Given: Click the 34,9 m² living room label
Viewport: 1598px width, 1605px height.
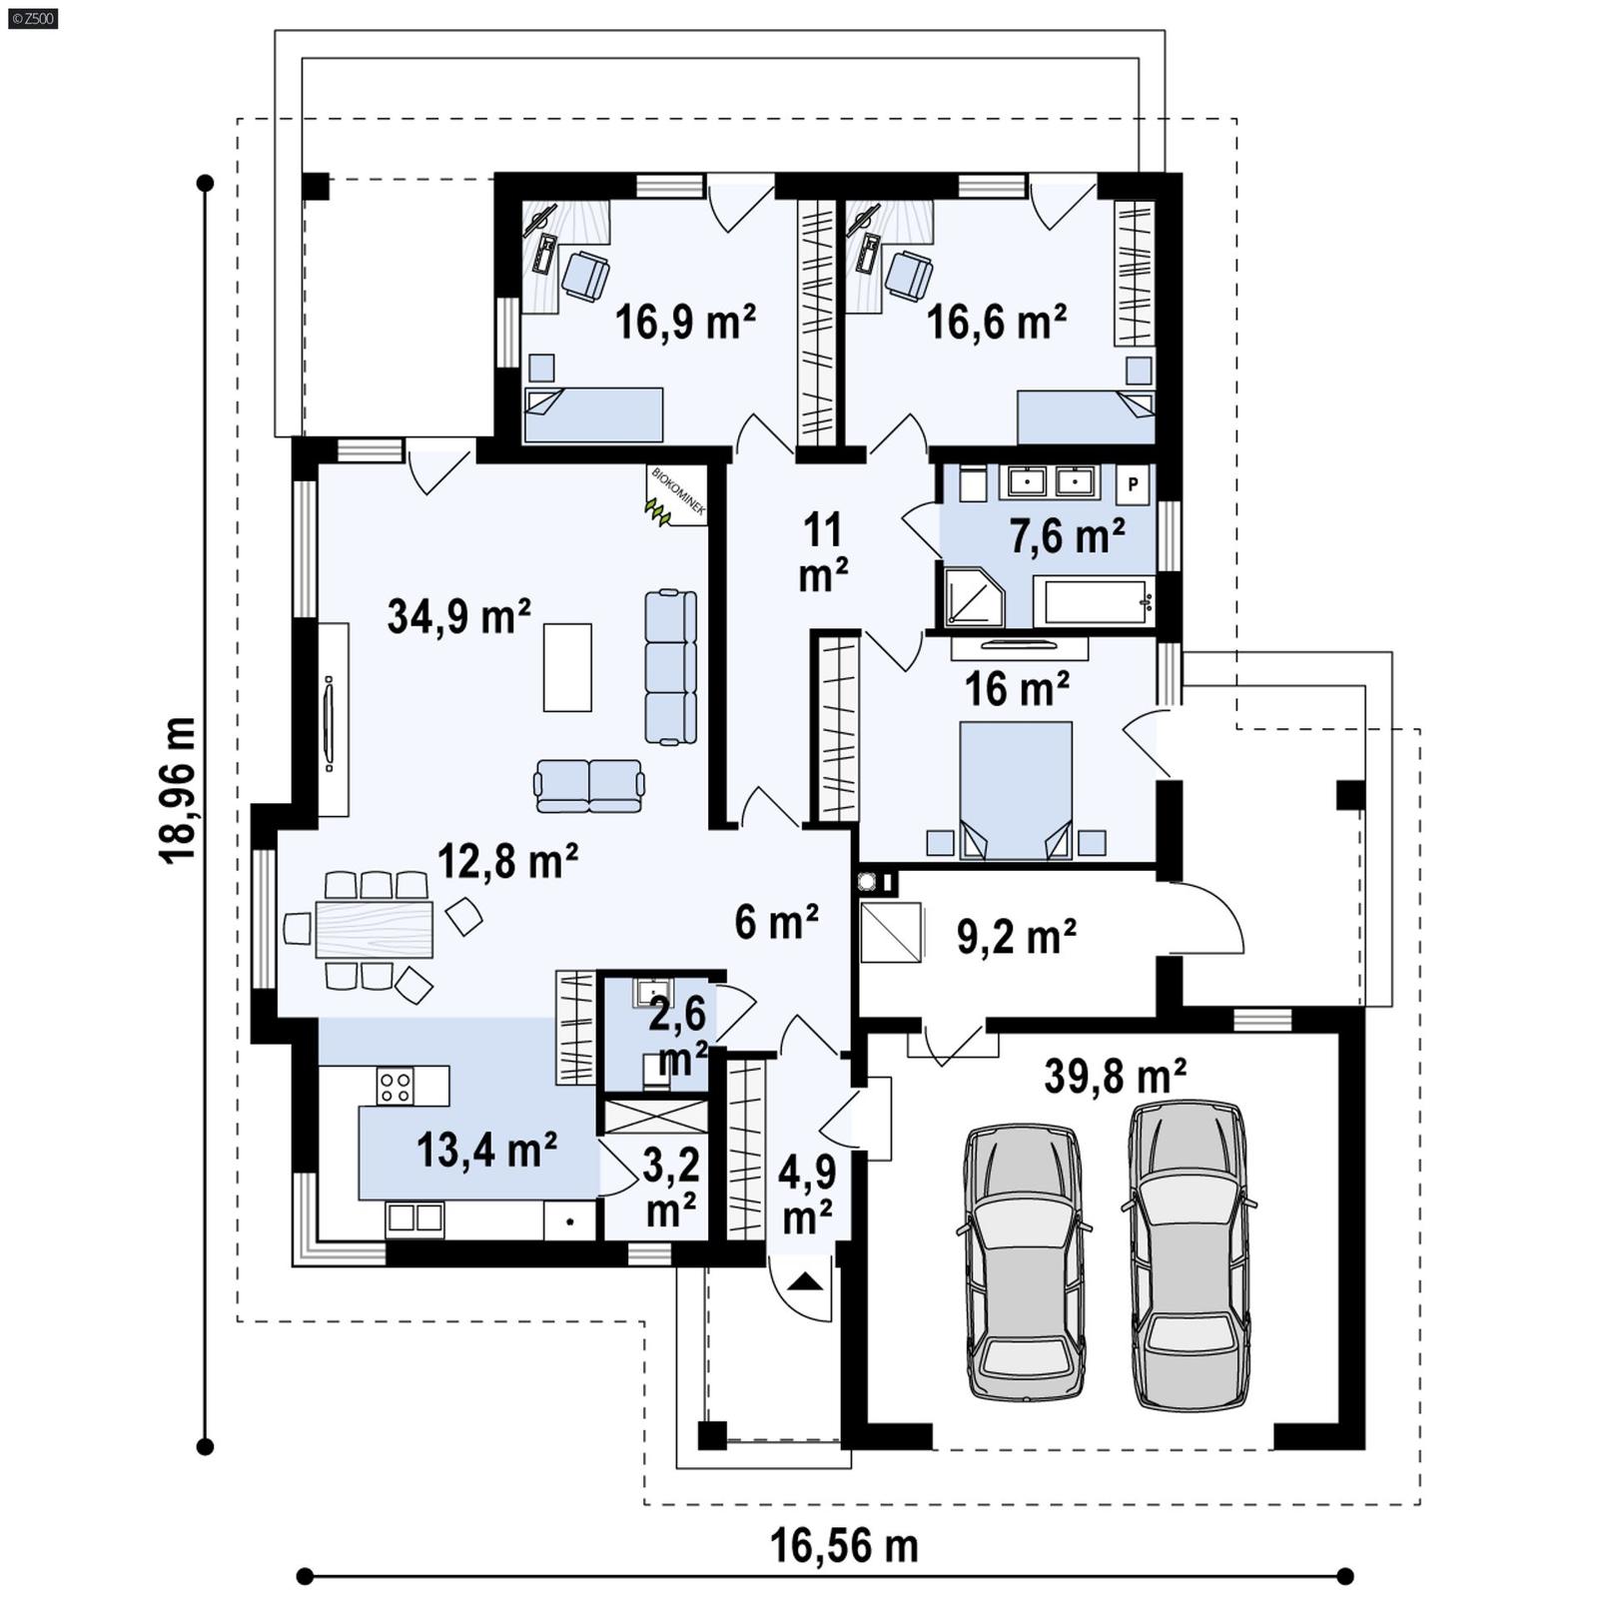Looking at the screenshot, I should point(458,617).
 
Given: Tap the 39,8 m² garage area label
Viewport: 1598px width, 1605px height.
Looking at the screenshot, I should point(1115,1077).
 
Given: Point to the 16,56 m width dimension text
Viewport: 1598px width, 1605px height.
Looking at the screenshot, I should point(844,1546).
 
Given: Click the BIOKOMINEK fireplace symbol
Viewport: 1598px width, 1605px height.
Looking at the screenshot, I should point(676,495).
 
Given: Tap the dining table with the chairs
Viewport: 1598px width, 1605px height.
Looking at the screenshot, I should point(374,929).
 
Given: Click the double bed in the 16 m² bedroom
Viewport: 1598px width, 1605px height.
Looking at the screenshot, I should point(1016,789).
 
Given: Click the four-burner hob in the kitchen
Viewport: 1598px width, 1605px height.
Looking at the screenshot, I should point(396,1086).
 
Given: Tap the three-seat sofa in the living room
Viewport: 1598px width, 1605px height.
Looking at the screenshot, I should point(670,666).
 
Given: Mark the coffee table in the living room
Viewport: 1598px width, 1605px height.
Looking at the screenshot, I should point(567,666).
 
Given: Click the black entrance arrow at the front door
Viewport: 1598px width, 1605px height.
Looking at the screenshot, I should point(808,1282).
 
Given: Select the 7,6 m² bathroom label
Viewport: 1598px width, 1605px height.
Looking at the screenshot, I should point(1067,536).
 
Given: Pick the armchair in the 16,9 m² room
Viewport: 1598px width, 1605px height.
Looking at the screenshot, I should point(585,276).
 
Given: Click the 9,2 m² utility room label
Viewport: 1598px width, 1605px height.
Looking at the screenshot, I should point(1016,937).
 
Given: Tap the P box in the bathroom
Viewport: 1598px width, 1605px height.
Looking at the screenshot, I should point(1133,485).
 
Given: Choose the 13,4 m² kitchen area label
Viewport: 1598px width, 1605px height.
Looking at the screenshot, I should point(485,1151).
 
